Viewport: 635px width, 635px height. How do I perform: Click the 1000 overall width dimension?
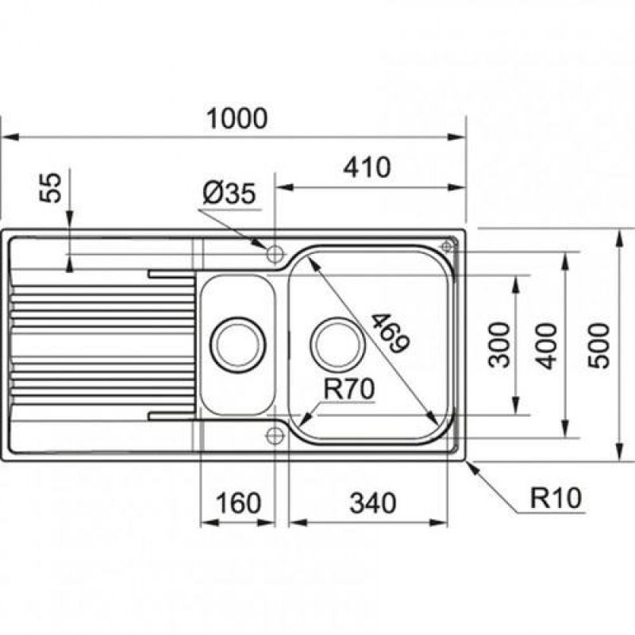pyautogui.click(x=237, y=118)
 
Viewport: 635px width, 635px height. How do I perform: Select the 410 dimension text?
pyautogui.click(x=367, y=167)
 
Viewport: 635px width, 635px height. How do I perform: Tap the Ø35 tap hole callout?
pyautogui.click(x=229, y=193)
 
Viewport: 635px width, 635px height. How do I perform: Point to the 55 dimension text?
pyautogui.click(x=50, y=187)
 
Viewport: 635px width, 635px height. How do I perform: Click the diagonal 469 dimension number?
pyautogui.click(x=390, y=333)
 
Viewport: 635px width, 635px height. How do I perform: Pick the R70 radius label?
pyautogui.click(x=349, y=389)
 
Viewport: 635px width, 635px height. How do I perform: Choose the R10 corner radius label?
pyautogui.click(x=556, y=498)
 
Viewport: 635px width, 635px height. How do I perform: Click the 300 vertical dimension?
pyautogui.click(x=499, y=345)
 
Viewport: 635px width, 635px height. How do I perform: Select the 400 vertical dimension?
pyautogui.click(x=548, y=346)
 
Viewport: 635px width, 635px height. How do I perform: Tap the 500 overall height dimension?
pyautogui.click(x=598, y=346)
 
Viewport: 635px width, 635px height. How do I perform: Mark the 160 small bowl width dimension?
pyautogui.click(x=238, y=503)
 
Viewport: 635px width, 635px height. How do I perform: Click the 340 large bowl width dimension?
pyautogui.click(x=373, y=503)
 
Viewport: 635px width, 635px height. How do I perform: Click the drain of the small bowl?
pyautogui.click(x=237, y=345)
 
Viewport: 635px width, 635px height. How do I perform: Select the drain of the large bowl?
pyautogui.click(x=338, y=345)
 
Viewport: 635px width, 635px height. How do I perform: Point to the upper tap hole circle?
pyautogui.click(x=275, y=254)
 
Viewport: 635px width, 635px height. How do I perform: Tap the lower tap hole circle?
pyautogui.click(x=275, y=436)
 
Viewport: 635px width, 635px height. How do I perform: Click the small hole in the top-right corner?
pyautogui.click(x=446, y=246)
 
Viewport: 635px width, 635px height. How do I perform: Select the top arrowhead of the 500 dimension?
pyautogui.click(x=619, y=238)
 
